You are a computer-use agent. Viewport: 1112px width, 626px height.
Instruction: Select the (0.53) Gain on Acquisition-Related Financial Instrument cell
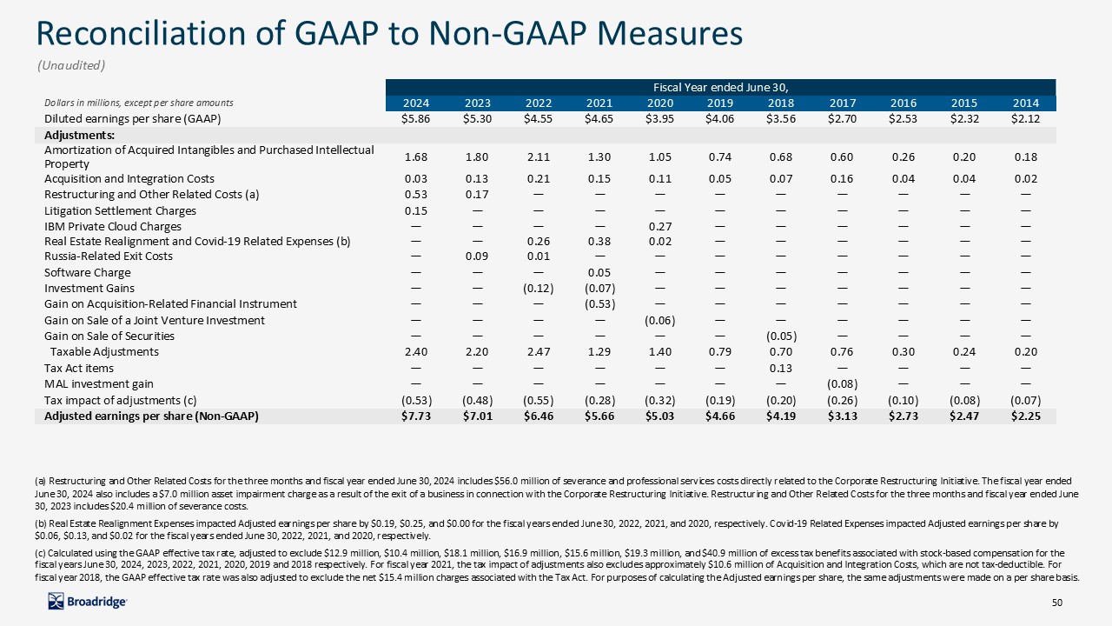click(x=599, y=304)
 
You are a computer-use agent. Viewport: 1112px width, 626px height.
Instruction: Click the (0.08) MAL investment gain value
click(x=843, y=383)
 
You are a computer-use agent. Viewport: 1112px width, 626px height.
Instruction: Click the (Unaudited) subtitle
click(x=70, y=65)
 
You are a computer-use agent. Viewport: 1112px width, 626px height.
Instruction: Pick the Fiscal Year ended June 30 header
click(x=720, y=87)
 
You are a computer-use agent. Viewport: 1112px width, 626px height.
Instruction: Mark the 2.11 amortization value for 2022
click(x=539, y=157)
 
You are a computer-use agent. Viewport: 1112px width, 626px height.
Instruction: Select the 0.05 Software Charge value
click(x=599, y=273)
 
